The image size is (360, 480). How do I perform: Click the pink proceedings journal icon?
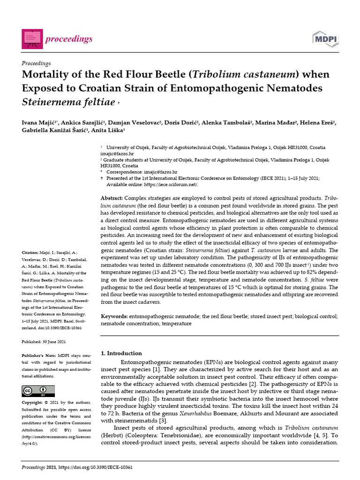[32, 38]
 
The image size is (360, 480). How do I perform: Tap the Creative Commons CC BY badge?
[38, 390]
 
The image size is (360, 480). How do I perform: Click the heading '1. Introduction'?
[121, 353]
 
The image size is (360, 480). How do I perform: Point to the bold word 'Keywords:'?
[114, 317]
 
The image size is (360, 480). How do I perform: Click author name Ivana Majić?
[39, 123]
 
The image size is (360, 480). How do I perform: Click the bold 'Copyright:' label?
[34, 403]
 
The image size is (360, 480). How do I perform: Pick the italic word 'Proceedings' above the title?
[37, 63]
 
